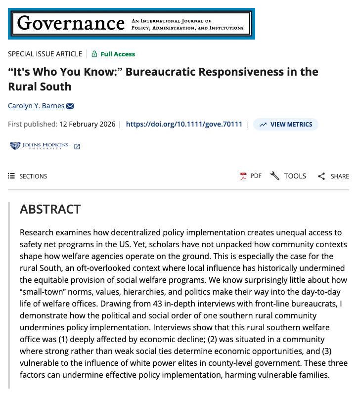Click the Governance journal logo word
[71, 23]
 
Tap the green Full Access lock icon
[94, 54]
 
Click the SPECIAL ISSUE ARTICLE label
[45, 54]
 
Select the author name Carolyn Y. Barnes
[36, 106]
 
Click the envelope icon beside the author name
[70, 106]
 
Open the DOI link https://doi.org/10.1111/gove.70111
[184, 124]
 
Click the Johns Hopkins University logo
[39, 146]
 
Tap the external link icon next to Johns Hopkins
[77, 146]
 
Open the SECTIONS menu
[28, 176]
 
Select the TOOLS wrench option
[288, 176]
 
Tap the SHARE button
[333, 176]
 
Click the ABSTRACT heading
[50, 209]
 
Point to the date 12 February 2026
[87, 124]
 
